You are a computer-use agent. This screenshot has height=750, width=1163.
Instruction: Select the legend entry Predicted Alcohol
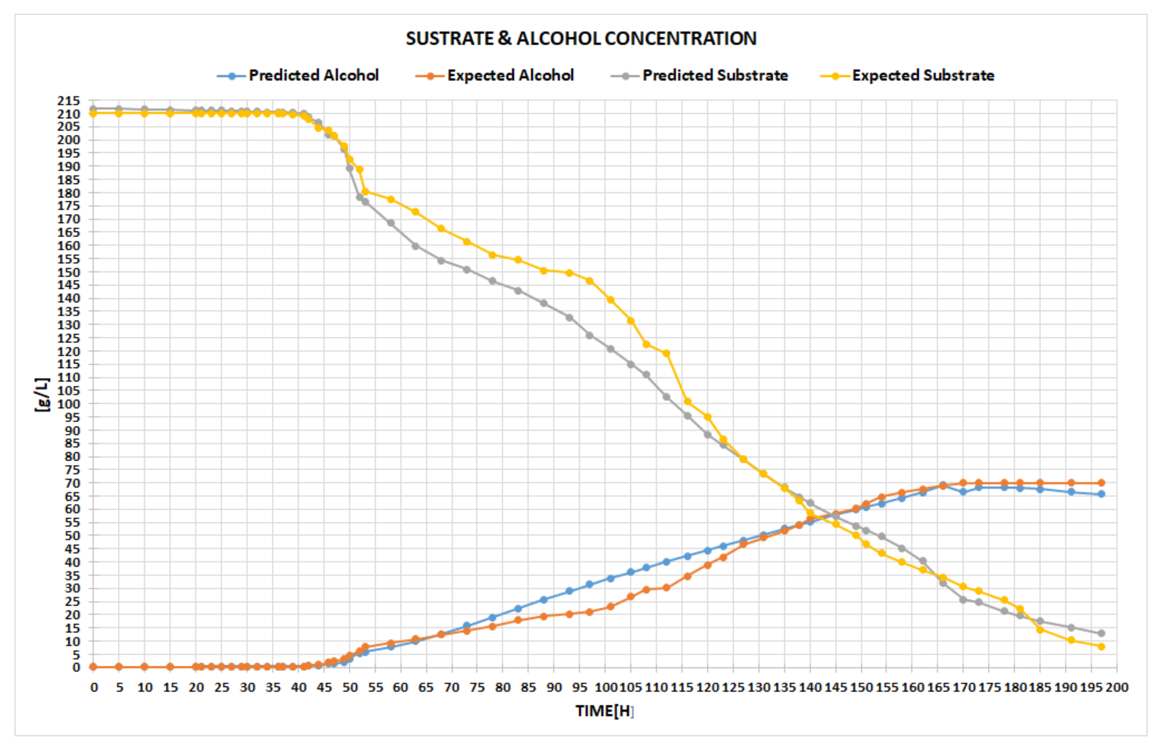point(313,76)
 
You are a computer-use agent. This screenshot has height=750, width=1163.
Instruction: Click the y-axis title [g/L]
point(42,395)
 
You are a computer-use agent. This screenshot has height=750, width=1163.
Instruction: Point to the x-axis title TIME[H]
point(604,711)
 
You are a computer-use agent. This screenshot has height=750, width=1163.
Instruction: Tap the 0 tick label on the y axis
point(76,667)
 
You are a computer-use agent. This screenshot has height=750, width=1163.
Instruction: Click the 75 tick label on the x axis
point(477,687)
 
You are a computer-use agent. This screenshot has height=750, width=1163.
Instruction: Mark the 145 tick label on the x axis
point(835,687)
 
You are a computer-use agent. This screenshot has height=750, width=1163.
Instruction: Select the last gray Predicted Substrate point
point(1101,633)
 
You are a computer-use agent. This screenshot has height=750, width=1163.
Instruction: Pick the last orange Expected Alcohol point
point(1101,483)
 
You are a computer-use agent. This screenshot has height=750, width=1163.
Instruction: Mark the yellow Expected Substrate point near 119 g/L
point(666,353)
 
